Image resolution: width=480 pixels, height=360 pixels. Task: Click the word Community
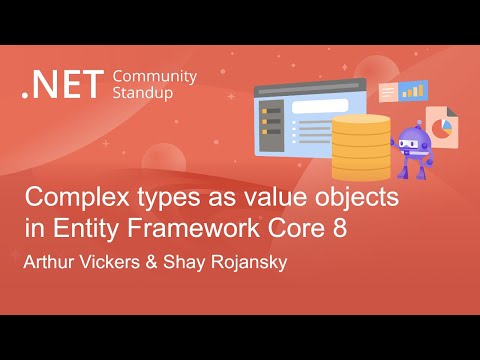[155, 76]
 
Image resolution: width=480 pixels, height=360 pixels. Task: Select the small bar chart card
[411, 91]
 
